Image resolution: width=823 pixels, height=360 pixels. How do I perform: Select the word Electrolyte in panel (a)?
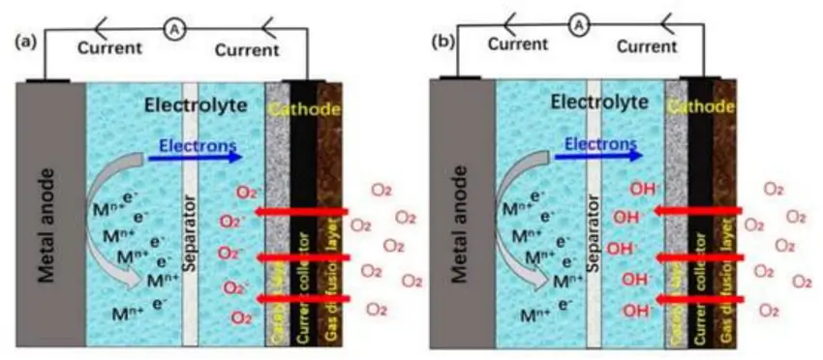click(x=189, y=105)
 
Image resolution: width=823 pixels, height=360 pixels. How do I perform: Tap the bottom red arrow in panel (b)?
click(x=702, y=299)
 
